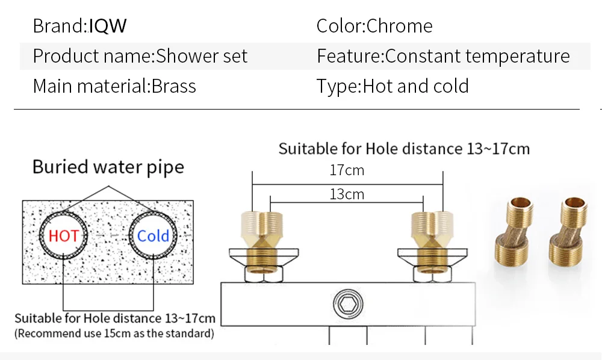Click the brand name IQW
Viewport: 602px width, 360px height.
(x=108, y=26)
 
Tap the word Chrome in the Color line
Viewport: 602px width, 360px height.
(x=399, y=26)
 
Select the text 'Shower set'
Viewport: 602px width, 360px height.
(x=202, y=57)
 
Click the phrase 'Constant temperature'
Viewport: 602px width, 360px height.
(x=477, y=57)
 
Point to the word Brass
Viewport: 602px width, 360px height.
(x=173, y=86)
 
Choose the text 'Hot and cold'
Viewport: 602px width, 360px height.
(x=415, y=86)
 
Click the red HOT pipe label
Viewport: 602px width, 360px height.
(x=63, y=235)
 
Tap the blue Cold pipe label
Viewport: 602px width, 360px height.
(x=153, y=235)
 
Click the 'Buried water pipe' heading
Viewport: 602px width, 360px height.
(x=108, y=167)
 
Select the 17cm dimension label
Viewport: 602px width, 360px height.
(x=347, y=170)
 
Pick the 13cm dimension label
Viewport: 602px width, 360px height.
(x=347, y=194)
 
